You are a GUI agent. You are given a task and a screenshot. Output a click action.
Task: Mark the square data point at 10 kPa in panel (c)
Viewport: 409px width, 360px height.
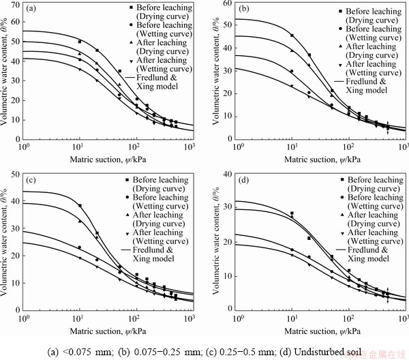[x=80, y=205]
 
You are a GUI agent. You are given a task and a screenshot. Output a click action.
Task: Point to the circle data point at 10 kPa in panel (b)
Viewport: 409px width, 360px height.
[x=292, y=71]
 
